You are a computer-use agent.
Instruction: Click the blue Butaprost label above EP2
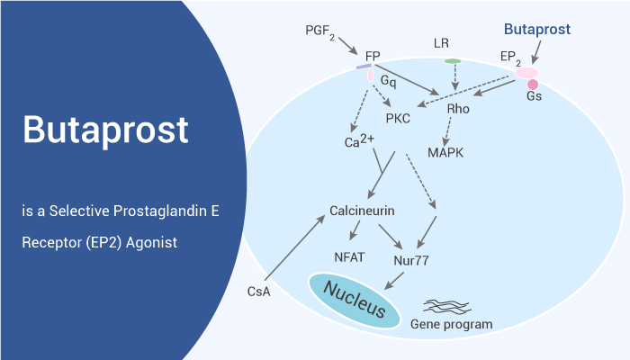pos(537,30)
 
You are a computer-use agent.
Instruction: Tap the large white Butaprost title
pos(105,130)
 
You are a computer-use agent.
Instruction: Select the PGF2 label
pos(320,31)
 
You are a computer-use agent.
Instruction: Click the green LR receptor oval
pos(453,61)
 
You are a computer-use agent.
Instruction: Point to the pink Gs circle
pos(533,85)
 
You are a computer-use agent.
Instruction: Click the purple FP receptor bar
pos(364,67)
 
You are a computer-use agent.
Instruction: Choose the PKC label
pos(398,119)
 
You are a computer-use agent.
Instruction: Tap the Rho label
pos(458,109)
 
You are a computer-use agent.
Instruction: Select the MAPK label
pos(445,153)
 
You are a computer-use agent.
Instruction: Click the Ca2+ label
pos(359,141)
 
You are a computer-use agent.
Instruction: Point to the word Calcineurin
pos(362,211)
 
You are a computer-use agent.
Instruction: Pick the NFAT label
pos(349,257)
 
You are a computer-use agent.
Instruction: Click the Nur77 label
pos(411,260)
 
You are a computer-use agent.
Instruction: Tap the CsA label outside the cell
pos(259,292)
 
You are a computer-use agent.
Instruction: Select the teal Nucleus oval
pos(354,301)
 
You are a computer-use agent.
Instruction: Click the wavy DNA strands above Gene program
pos(447,307)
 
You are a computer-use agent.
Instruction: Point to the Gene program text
pos(451,324)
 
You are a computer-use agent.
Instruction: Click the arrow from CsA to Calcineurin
pos(294,247)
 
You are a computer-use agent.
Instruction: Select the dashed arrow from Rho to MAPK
pos(446,131)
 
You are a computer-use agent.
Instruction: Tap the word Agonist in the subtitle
pos(151,243)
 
